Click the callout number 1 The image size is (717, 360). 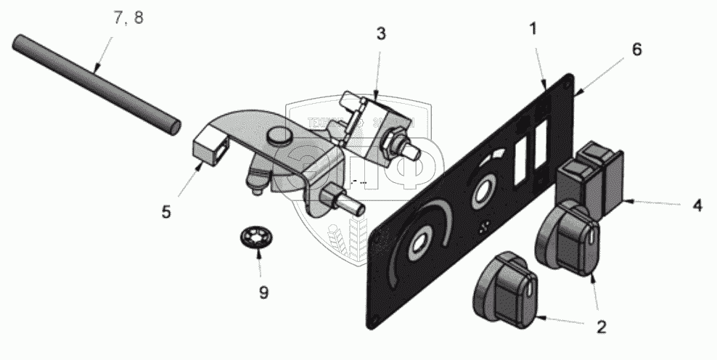pyautogui.click(x=534, y=30)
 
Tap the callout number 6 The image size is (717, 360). pyautogui.click(x=636, y=49)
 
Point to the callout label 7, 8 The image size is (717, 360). pyautogui.click(x=128, y=19)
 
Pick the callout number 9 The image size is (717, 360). pyautogui.click(x=263, y=292)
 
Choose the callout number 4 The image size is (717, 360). pyautogui.click(x=696, y=205)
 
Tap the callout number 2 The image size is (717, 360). pyautogui.click(x=601, y=327)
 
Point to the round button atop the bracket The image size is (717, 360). pyautogui.click(x=279, y=135)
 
